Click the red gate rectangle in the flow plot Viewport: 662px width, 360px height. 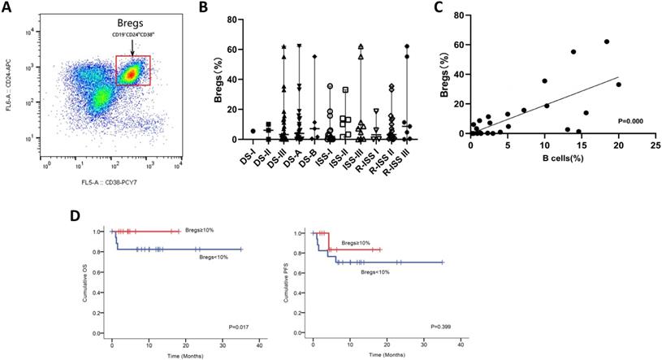pos(133,70)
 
